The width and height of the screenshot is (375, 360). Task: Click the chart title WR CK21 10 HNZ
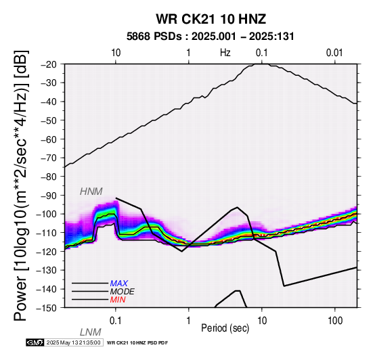click(x=211, y=19)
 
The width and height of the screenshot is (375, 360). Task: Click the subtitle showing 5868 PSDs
click(x=211, y=37)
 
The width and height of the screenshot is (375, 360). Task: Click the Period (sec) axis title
click(x=225, y=328)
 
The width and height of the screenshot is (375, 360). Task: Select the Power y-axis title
click(x=21, y=185)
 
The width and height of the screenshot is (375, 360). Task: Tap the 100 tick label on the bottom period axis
click(x=335, y=321)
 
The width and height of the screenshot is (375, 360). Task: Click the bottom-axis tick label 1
click(x=188, y=321)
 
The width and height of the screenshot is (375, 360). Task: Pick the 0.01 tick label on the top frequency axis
click(x=335, y=53)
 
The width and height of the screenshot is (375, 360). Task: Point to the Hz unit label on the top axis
click(x=225, y=53)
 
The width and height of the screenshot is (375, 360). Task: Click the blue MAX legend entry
click(x=119, y=284)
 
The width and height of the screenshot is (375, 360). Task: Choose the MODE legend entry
click(x=123, y=292)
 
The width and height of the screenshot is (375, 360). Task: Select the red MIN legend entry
click(x=118, y=300)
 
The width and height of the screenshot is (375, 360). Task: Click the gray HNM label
click(x=91, y=192)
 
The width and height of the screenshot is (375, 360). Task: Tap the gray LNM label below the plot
click(x=91, y=332)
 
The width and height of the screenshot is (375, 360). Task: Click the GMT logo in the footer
click(x=35, y=342)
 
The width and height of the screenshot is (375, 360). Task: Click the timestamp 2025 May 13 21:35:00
click(x=73, y=342)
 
